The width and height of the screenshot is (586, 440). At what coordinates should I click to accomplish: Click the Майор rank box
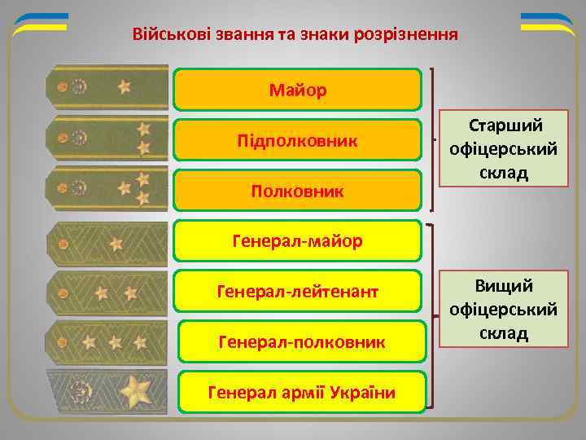298,90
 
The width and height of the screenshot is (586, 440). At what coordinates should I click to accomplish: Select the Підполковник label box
298,140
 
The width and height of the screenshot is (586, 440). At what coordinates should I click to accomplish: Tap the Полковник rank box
298,191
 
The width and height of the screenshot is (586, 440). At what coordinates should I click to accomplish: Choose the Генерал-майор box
298,241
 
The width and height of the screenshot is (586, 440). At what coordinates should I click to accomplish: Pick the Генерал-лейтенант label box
298,291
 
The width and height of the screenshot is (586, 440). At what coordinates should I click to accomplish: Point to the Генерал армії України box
302,393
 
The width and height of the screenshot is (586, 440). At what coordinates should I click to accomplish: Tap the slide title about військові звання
295,36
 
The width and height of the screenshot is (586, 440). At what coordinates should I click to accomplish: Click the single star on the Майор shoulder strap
125,86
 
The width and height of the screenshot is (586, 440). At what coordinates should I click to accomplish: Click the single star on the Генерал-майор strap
117,242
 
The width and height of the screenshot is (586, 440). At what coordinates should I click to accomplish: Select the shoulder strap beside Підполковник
107,137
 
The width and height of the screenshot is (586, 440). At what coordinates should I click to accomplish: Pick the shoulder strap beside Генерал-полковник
107,342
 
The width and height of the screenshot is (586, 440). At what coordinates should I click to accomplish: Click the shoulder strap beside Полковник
107,189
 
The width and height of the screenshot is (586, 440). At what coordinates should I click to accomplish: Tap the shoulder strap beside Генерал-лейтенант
107,291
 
